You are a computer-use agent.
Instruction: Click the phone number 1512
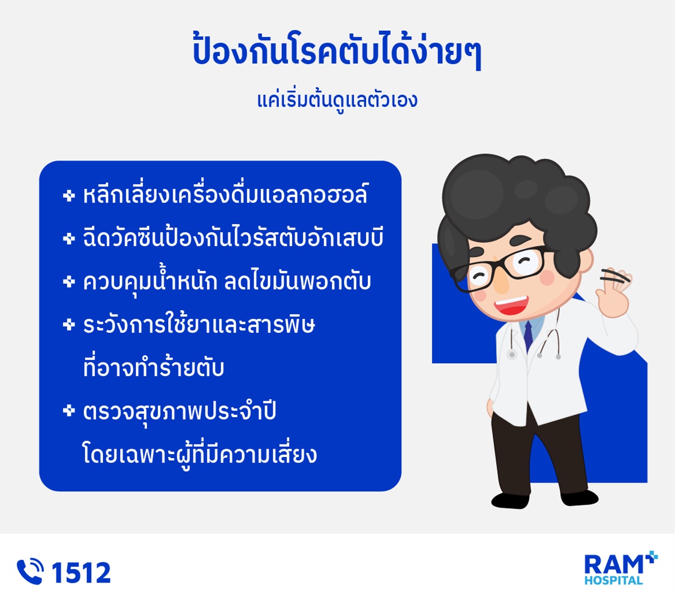coord(81,572)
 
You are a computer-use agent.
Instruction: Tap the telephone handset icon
coord(30,572)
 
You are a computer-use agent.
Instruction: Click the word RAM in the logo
coord(613,565)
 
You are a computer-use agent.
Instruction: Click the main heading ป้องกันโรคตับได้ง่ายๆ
coord(337,50)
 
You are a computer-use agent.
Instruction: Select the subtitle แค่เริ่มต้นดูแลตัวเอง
coord(337,100)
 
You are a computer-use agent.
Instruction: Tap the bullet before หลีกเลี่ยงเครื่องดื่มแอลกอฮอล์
coord(69,196)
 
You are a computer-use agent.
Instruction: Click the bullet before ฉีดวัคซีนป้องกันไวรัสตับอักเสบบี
coord(69,238)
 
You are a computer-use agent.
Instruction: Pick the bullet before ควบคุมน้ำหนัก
coord(69,282)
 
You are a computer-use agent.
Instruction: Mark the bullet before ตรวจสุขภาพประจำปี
coord(69,410)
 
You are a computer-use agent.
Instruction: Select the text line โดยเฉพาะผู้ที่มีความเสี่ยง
coord(200,455)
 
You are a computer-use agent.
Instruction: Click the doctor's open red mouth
coord(511,305)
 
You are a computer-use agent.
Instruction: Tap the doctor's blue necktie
coord(528,336)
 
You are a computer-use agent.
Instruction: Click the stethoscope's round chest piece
coord(512,355)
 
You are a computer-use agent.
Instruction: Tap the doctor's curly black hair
coord(517,206)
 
